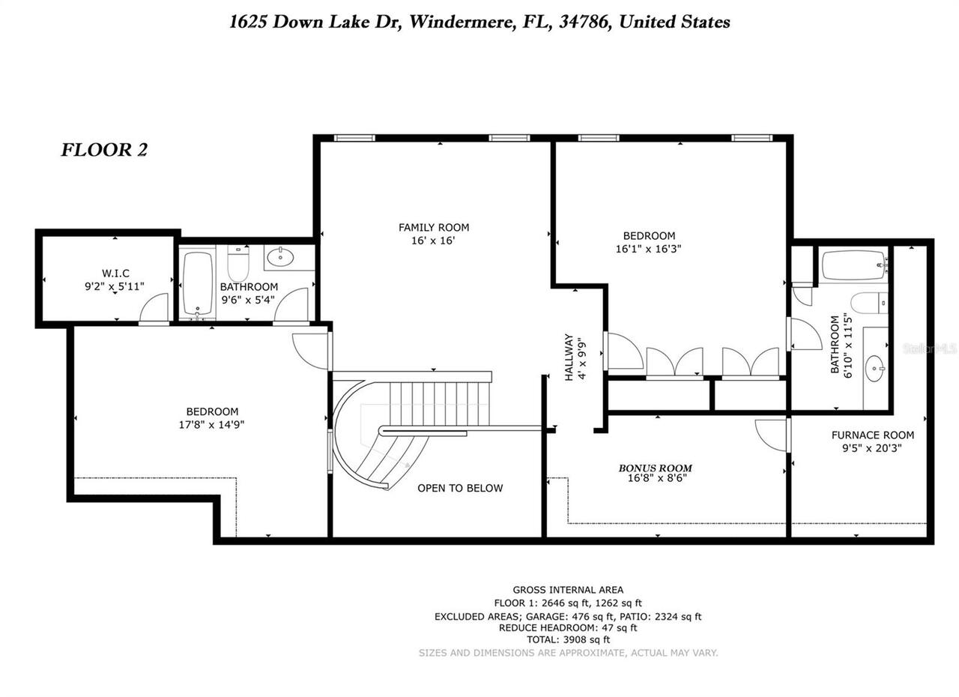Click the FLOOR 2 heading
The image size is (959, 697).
tap(104, 150)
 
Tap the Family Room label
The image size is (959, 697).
tap(434, 227)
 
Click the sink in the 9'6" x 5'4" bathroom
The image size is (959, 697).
tap(282, 258)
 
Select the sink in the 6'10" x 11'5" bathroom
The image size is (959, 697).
tap(874, 369)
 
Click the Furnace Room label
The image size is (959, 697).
tap(873, 435)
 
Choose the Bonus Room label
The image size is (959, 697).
tap(655, 468)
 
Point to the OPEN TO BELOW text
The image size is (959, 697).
tap(460, 488)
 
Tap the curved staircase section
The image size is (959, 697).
tap(367, 442)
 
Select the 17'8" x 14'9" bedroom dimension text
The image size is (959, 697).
tap(212, 424)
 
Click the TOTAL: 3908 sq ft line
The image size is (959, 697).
tap(568, 640)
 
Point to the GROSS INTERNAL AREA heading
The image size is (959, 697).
tap(568, 590)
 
